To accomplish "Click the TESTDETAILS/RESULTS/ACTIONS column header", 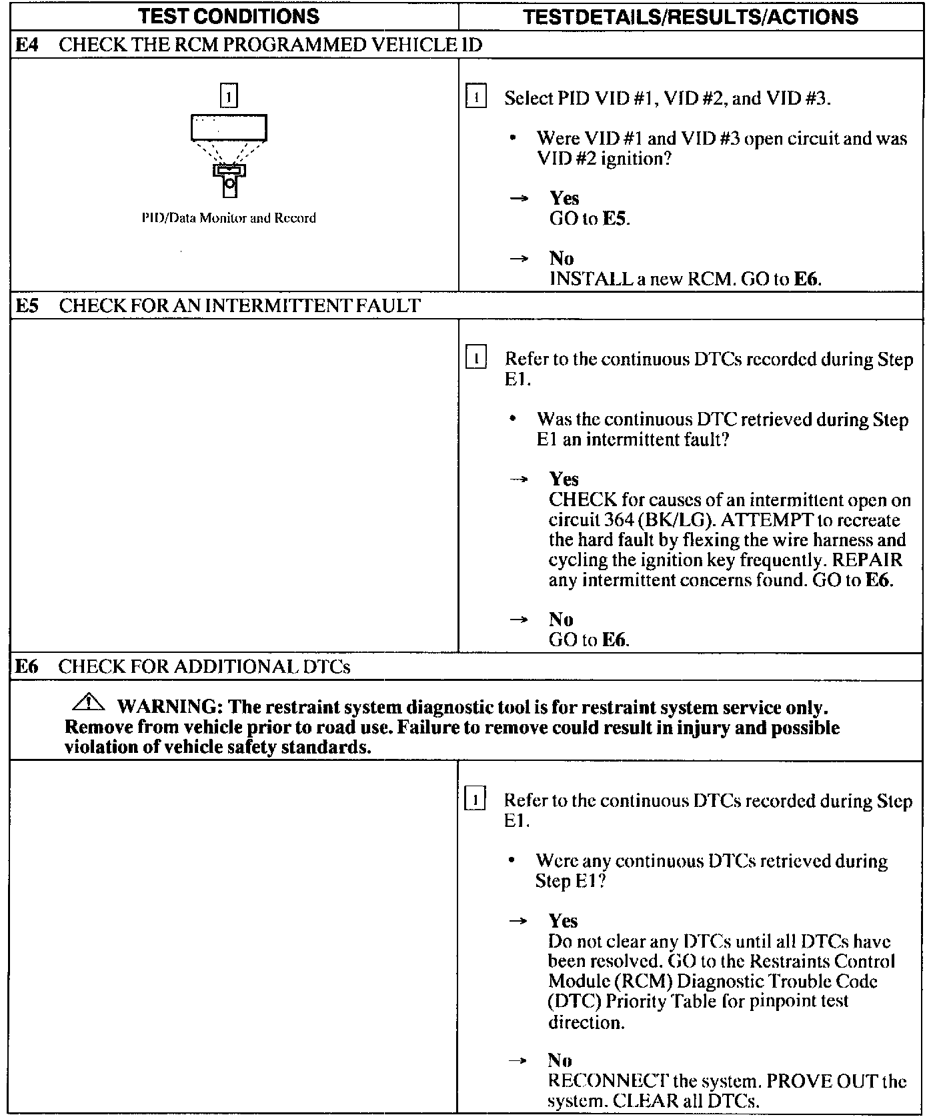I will pyautogui.click(x=690, y=16).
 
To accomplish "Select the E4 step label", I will pyautogui.click(x=27, y=45).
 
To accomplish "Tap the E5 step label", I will pyautogui.click(x=27, y=306).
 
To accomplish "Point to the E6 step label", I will pyautogui.click(x=27, y=667).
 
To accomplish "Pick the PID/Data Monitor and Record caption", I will pyautogui.click(x=229, y=218).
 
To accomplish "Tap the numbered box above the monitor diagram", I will pyautogui.click(x=229, y=96).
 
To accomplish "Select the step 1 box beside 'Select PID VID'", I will pyautogui.click(x=476, y=97).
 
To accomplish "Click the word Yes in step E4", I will pyautogui.click(x=564, y=198).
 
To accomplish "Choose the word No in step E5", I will pyautogui.click(x=561, y=620).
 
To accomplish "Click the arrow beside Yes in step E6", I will pyautogui.click(x=518, y=921).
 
